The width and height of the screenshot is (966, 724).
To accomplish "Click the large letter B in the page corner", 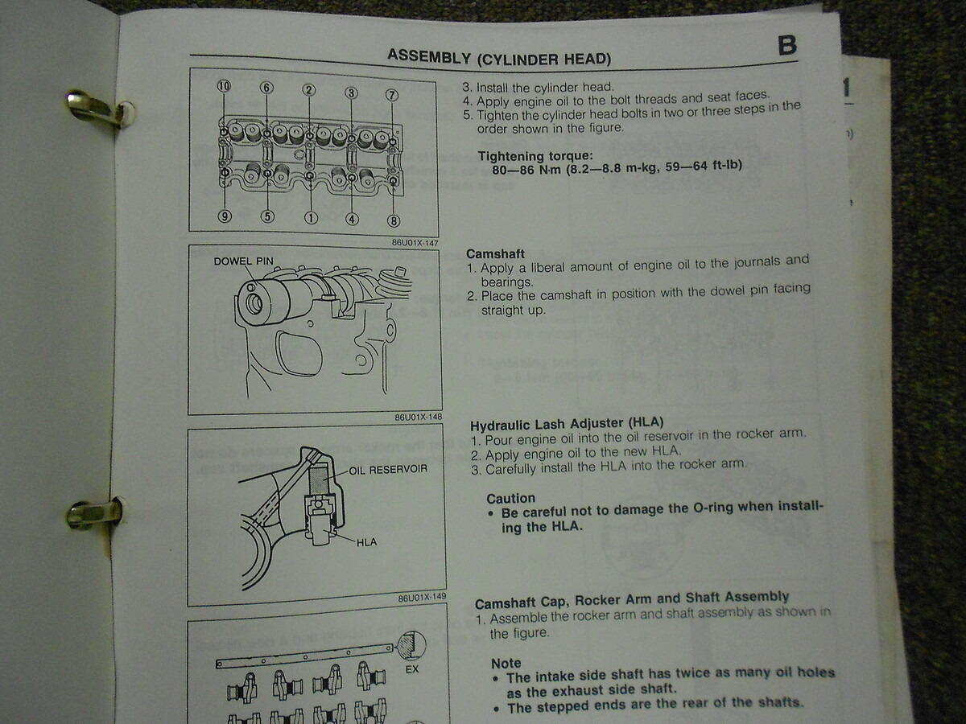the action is (786, 46).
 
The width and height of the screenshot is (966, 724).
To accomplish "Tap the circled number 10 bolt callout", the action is (224, 86).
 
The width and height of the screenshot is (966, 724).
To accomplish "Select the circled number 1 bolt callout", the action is (311, 217).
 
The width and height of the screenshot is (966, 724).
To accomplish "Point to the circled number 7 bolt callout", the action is (392, 96).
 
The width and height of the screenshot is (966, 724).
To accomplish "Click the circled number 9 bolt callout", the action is (225, 216).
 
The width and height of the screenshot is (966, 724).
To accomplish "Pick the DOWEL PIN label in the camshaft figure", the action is (243, 261).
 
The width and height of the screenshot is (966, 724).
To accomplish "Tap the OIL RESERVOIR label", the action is (388, 470).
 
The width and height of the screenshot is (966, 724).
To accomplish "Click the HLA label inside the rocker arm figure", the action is (366, 542).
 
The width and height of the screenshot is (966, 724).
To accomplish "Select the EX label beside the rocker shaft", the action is (412, 669).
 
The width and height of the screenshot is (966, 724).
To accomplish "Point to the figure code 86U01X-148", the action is (418, 417).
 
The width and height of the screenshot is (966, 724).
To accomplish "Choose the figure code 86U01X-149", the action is (422, 598).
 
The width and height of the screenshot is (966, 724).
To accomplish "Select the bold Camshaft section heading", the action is (495, 253).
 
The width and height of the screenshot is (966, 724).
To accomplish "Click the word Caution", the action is (510, 498).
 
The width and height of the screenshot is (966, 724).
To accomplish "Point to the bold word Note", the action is (506, 664).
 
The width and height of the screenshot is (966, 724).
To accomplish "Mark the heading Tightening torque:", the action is (535, 156).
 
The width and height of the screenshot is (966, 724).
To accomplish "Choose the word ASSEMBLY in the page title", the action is (429, 56).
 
